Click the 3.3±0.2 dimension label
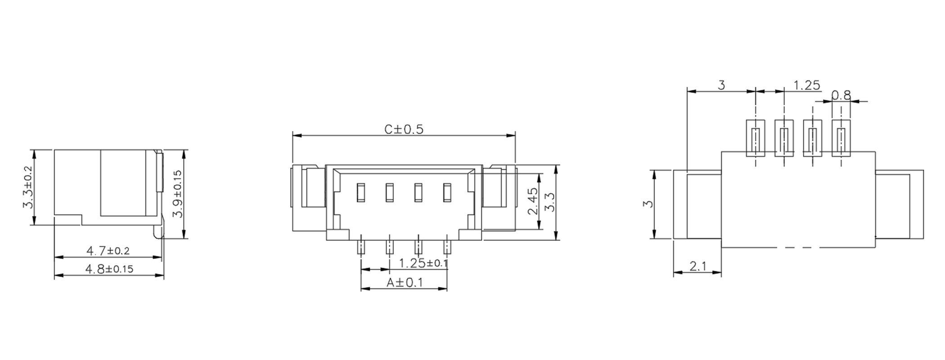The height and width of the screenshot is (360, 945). (28, 187)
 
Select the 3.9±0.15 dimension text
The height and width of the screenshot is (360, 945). (178, 193)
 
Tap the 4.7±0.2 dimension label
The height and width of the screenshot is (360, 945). (108, 250)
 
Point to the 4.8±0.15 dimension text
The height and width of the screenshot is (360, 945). (109, 269)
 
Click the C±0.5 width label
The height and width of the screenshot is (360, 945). (404, 130)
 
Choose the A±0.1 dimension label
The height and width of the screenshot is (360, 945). (405, 283)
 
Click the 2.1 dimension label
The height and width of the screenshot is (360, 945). (698, 266)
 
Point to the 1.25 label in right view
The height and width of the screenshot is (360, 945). (806, 85)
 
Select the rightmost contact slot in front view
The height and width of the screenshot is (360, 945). (447, 192)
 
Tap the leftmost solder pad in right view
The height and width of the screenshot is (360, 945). (756, 138)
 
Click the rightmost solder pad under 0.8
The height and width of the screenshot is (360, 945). (841, 138)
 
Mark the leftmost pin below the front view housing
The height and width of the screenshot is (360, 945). (361, 247)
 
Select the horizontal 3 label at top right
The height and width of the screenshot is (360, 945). (721, 85)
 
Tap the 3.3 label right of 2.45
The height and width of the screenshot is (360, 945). (550, 201)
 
